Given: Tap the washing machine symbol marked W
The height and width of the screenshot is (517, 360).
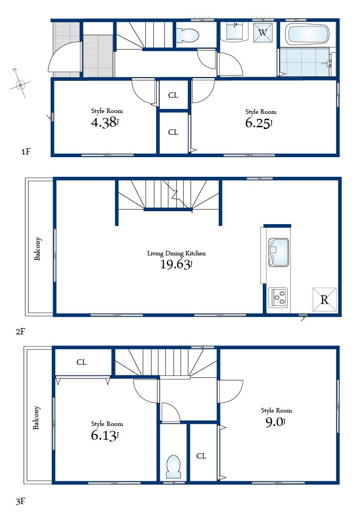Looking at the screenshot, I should (263, 33).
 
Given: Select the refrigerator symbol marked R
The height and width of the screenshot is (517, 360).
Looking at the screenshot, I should (324, 300).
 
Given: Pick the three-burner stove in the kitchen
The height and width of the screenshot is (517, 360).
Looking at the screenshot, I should (278, 297).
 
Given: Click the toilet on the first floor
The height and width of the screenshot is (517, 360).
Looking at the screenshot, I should (187, 35).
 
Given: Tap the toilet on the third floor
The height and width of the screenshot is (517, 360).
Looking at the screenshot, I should (173, 466).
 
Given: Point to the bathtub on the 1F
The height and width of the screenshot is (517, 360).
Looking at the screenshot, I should (309, 34).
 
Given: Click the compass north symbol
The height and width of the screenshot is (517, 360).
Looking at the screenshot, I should (20, 84).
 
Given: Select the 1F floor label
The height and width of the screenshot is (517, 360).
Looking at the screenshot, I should (25, 152).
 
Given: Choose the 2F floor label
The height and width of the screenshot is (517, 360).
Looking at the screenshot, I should (21, 331).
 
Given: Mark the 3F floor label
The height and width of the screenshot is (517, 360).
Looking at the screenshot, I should (21, 502).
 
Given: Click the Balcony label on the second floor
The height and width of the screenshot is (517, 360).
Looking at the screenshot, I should (38, 249).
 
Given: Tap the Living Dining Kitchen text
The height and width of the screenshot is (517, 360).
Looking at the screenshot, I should (176, 253).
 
